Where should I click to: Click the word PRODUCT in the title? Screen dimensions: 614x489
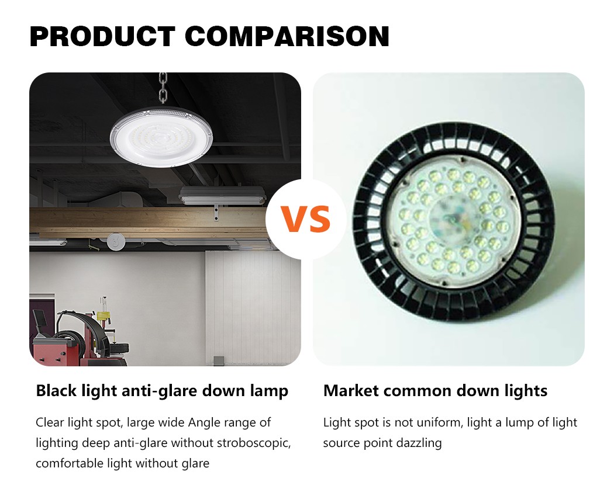pos(102,36)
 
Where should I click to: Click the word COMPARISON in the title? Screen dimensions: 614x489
pos(287,36)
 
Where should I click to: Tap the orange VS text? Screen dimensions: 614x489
pos(306,219)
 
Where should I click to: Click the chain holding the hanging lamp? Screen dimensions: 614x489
pos(163,88)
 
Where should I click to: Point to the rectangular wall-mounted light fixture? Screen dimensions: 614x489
pos(222,196)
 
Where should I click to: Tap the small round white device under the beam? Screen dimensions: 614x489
pos(116,241)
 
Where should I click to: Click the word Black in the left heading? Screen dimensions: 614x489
pos(57,391)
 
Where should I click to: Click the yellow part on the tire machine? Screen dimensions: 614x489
pos(104,315)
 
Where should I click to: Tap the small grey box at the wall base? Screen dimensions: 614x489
pos(218,360)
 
